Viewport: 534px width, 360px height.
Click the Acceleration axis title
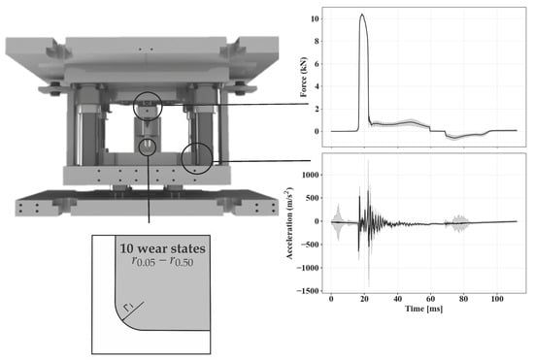coord(289,223)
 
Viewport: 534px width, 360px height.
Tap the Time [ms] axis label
coord(424,309)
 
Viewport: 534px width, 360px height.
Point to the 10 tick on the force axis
coord(315,18)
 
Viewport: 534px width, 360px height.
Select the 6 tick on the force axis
coord(317,64)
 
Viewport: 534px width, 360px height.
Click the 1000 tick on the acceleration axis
coord(310,175)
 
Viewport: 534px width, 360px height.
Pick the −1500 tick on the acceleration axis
coord(308,291)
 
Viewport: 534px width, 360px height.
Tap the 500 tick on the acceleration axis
coord(312,198)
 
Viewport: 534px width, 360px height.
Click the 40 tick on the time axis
coord(397,299)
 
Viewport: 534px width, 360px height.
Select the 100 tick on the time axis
coord(496,299)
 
